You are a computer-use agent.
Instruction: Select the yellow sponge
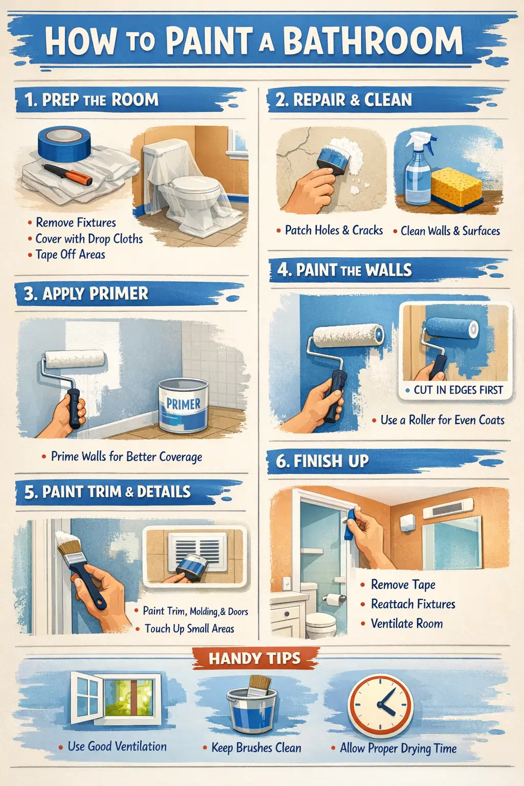click(456, 188)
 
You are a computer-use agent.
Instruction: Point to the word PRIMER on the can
click(183, 404)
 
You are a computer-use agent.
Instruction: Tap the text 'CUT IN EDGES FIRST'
click(458, 390)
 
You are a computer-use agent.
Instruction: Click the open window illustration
click(116, 697)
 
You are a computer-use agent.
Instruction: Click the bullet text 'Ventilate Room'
click(407, 624)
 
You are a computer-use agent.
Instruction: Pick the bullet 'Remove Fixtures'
click(76, 223)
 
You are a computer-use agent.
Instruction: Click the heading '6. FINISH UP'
click(322, 461)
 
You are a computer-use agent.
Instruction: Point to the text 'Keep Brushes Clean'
click(256, 748)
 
